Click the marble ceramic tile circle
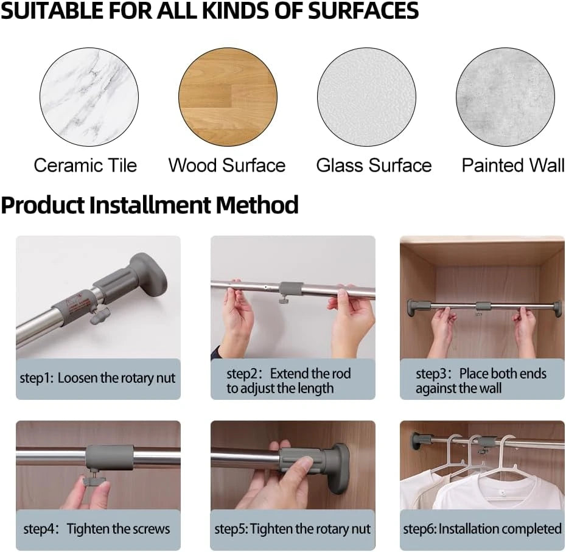[x=89, y=97]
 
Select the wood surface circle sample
[x=228, y=97]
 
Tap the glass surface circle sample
[x=367, y=97]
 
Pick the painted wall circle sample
[x=505, y=97]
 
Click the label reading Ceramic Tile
[x=86, y=166]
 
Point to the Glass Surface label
[x=374, y=166]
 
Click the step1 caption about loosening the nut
[x=97, y=378]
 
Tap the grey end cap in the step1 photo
[x=148, y=273]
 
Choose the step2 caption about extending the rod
[x=288, y=381]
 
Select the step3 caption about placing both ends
[x=481, y=381]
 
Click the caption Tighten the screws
[x=119, y=529]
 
